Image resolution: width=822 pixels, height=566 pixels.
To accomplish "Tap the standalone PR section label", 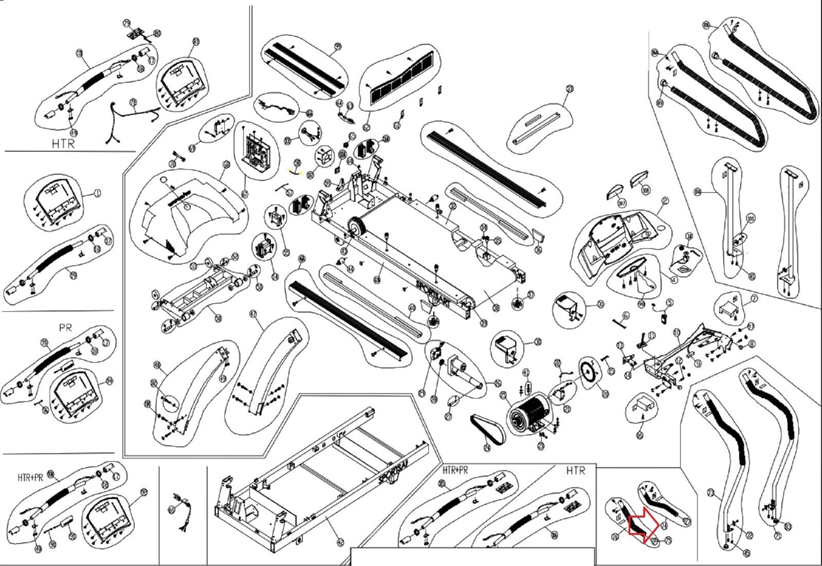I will [x=65, y=327].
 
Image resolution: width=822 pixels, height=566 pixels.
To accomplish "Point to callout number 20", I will [x=606, y=394].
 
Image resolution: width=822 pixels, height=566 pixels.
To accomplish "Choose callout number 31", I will [x=601, y=304].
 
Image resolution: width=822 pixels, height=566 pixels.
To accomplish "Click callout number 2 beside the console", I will [x=665, y=201].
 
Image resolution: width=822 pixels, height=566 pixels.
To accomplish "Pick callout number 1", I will [x=98, y=194].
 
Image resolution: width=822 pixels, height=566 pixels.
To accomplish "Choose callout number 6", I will [x=626, y=315].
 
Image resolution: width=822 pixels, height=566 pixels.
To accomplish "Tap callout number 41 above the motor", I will [x=525, y=372].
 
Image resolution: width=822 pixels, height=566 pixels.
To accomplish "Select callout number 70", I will [x=79, y=53].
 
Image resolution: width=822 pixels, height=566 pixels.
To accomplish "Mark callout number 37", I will [x=531, y=295].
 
